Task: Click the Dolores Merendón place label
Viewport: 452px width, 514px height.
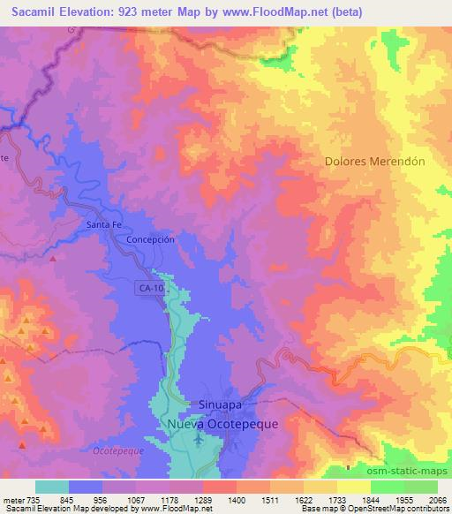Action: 374,163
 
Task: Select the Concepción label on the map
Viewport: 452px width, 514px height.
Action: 153,239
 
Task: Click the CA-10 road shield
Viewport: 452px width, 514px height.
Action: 150,288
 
